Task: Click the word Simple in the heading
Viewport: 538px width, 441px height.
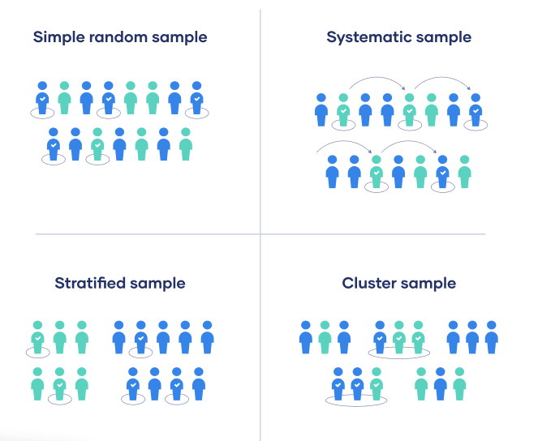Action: tap(58, 37)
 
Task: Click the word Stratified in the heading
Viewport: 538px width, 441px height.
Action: tap(90, 283)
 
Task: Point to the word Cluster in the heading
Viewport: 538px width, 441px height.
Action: tap(369, 283)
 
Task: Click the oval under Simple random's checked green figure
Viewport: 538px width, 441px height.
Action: tap(97, 160)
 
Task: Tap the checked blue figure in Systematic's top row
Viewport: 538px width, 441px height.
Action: tap(476, 110)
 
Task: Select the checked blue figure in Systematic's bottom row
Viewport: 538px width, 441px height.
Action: tap(442, 172)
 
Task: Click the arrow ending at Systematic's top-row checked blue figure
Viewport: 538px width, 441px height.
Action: tap(442, 78)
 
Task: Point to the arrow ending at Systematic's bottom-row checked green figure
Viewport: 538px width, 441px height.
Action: tap(344, 142)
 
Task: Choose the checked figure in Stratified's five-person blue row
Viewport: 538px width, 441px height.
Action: tap(140, 337)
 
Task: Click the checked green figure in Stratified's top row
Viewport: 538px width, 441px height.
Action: tap(38, 337)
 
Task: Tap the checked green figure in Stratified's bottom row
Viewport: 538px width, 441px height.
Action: tap(60, 383)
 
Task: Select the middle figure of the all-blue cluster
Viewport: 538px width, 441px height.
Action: tap(472, 337)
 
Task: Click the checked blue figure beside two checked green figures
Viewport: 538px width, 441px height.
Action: tap(380, 337)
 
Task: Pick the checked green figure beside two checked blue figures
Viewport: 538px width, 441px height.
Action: tap(377, 383)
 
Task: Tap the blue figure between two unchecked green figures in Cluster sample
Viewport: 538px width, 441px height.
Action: tap(440, 383)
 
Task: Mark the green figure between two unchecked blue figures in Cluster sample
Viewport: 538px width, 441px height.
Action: tap(325, 337)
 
